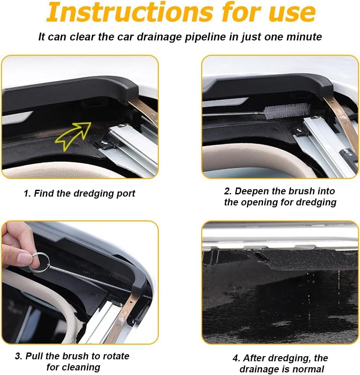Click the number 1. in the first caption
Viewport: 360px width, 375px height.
pyautogui.click(x=27, y=194)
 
